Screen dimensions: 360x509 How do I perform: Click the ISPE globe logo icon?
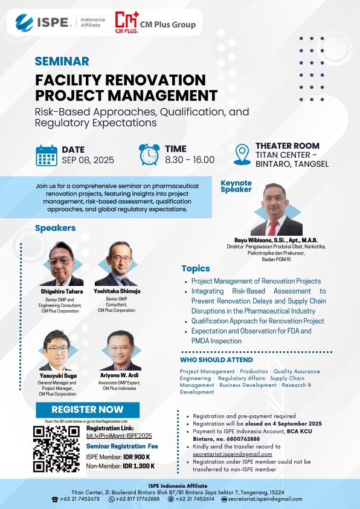[24, 23]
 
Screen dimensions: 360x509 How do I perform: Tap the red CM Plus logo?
[127, 22]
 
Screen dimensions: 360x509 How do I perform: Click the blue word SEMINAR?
[62, 61]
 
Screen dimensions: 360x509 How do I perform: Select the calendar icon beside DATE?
[47, 156]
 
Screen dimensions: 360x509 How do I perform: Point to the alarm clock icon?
[149, 155]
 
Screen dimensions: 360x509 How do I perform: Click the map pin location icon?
[242, 155]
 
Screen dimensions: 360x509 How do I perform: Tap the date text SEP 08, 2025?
[88, 160]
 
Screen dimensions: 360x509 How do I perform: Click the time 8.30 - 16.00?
[190, 160]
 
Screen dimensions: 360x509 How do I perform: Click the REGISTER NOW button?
[88, 410]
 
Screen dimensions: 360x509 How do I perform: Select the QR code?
[57, 449]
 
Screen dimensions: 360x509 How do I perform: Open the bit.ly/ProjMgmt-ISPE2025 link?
[119, 436]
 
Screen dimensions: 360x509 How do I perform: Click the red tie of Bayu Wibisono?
[273, 228]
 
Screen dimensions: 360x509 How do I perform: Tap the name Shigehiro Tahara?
[62, 291]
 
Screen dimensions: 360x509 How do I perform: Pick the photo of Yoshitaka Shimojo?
[117, 264]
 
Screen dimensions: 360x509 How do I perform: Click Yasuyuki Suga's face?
[57, 350]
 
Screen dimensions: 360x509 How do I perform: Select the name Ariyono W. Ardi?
[120, 375]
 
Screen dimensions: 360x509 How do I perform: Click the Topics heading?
[196, 269]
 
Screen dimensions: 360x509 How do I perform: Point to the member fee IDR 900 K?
[137, 457]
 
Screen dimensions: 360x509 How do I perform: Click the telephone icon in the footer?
[55, 499]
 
